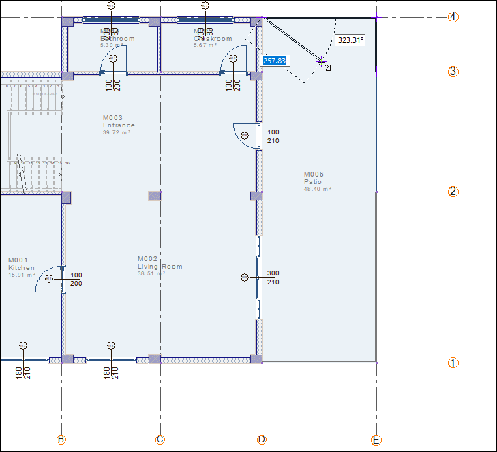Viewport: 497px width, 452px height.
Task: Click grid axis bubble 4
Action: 453,17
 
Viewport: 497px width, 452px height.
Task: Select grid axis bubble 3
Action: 453,72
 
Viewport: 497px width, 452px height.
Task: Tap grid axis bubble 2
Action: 453,192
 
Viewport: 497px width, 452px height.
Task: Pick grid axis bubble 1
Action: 453,363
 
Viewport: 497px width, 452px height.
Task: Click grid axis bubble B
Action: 61,440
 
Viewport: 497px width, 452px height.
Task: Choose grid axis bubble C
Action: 160,440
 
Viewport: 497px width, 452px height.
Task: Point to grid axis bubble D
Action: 262,440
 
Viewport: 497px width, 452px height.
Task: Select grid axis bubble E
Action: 376,440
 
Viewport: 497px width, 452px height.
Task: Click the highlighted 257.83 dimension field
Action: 274,61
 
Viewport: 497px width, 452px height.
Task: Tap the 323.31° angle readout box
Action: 350,40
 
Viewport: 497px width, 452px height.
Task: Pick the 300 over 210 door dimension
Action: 273,277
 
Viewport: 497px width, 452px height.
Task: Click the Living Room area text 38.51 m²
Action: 151,274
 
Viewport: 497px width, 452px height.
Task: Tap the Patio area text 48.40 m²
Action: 318,190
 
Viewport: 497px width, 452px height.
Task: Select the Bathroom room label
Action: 117,39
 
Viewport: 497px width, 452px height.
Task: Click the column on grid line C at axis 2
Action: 155,196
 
